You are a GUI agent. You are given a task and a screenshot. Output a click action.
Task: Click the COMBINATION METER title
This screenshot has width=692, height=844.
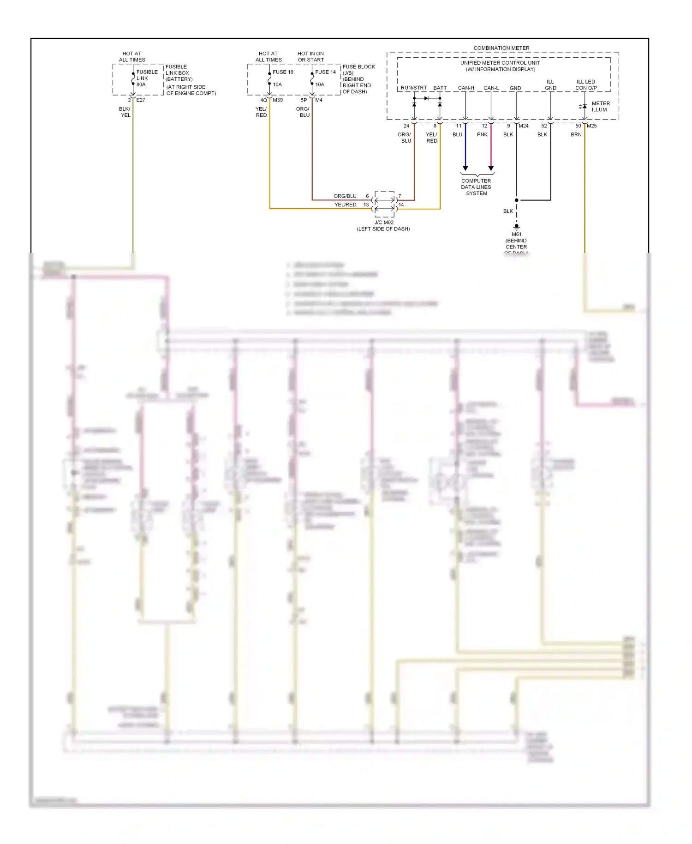pyautogui.click(x=501, y=48)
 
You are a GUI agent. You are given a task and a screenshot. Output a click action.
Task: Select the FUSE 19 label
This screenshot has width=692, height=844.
pyautogui.click(x=283, y=72)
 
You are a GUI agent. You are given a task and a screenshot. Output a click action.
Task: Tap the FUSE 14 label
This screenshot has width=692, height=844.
pyautogui.click(x=325, y=72)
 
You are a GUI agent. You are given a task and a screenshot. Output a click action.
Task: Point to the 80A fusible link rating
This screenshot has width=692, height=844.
pyautogui.click(x=141, y=84)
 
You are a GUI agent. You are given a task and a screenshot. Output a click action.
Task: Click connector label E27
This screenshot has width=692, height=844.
pyautogui.click(x=141, y=100)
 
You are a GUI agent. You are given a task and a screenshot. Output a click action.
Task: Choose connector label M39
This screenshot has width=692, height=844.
pyautogui.click(x=278, y=100)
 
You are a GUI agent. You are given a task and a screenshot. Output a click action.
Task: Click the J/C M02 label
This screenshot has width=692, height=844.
pyautogui.click(x=384, y=223)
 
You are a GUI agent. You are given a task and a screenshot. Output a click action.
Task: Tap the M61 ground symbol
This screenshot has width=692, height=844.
pyautogui.click(x=516, y=227)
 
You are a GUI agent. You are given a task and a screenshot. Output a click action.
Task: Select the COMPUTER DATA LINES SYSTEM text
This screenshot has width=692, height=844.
pyautogui.click(x=476, y=187)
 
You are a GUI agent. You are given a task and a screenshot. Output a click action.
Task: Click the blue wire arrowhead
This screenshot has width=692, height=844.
pyautogui.click(x=465, y=168)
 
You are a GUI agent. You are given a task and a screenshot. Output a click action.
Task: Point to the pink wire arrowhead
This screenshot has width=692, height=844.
pyautogui.click(x=491, y=168)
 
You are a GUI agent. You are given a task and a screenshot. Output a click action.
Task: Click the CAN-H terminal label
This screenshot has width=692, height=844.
pyautogui.click(x=466, y=88)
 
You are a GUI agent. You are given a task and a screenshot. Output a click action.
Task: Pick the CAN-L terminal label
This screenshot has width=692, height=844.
pyautogui.click(x=491, y=88)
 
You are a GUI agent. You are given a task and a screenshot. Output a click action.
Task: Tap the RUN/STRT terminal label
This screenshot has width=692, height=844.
pyautogui.click(x=413, y=88)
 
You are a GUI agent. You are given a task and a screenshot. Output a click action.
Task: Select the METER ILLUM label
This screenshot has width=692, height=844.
pyautogui.click(x=600, y=107)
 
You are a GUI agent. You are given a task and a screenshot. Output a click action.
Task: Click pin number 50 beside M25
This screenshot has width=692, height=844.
pyautogui.click(x=578, y=126)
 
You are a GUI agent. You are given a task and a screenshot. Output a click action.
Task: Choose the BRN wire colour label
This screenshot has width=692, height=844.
pyautogui.click(x=576, y=135)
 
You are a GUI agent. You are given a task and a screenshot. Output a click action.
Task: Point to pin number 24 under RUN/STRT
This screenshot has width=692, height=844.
pyautogui.click(x=406, y=126)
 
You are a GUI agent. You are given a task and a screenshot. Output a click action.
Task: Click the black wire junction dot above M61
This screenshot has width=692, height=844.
pyautogui.click(x=516, y=200)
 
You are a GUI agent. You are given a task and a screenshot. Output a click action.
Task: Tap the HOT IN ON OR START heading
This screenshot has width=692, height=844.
pyautogui.click(x=310, y=57)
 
